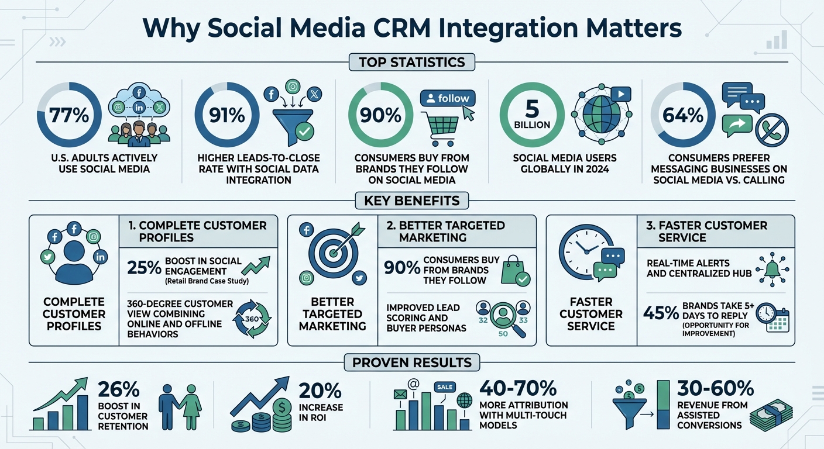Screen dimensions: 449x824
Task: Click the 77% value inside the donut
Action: (x=69, y=115)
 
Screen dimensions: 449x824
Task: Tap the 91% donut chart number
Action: (x=227, y=115)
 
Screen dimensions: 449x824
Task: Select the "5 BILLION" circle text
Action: (x=533, y=115)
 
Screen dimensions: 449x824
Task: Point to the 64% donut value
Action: (x=683, y=115)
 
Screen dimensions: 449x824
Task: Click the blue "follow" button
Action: (x=448, y=98)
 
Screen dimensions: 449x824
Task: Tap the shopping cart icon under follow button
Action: (x=439, y=128)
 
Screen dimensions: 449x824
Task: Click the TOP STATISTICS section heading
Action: (x=411, y=62)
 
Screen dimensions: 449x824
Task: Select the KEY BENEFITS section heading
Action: (x=411, y=201)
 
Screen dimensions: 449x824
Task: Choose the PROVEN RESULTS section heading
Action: (x=411, y=362)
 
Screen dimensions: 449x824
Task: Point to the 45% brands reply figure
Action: (x=661, y=313)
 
